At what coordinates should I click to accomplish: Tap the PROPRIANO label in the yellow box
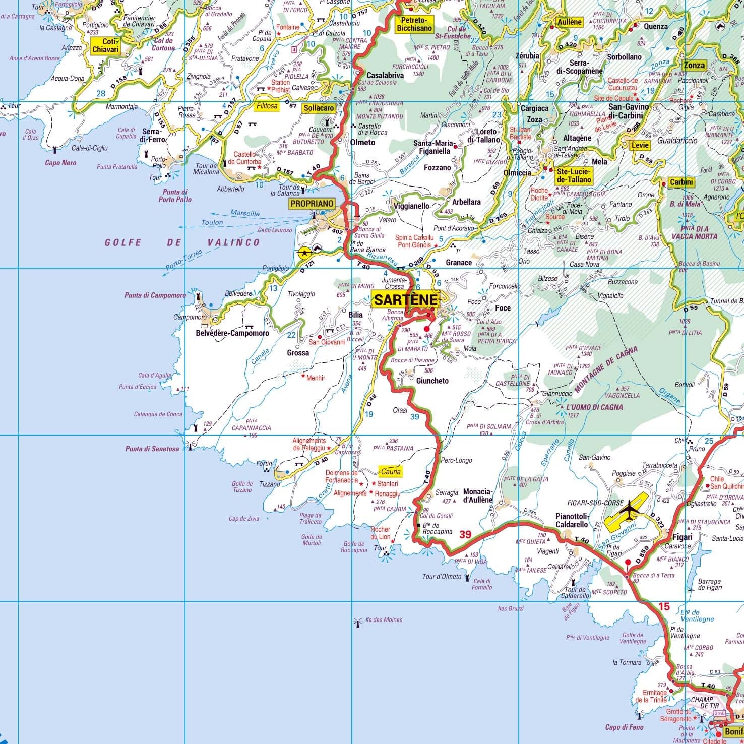(312, 204)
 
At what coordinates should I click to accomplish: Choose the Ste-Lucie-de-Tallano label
(574, 175)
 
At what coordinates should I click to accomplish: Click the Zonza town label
(694, 65)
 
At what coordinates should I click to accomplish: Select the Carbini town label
(681, 182)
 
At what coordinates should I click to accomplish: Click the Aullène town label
(570, 22)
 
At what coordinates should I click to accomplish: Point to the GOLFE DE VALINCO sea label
(182, 242)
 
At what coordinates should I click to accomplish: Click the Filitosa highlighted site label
(267, 106)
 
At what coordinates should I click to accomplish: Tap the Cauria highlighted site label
(391, 471)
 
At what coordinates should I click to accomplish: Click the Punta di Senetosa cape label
(152, 449)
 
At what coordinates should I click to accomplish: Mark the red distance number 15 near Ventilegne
(664, 607)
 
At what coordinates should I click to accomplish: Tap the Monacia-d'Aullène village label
(477, 495)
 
